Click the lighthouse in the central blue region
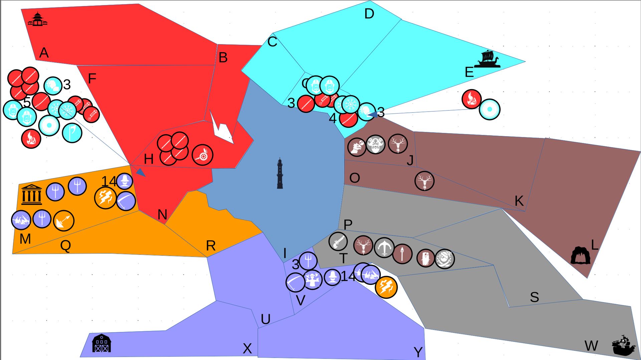[x=280, y=174]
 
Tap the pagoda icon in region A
[x=37, y=19]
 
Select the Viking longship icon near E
[x=488, y=59]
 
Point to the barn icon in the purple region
[x=101, y=343]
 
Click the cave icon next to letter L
[x=580, y=255]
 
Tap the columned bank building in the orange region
[x=32, y=194]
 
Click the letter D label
[x=369, y=14]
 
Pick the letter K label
[x=519, y=201]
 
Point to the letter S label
[x=534, y=297]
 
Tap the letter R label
[x=211, y=246]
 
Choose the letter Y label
[x=418, y=352]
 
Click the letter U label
[x=265, y=320]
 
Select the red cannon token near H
[x=202, y=155]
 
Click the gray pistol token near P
[x=338, y=241]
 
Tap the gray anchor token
[x=384, y=247]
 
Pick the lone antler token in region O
[x=424, y=181]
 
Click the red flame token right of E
[x=471, y=99]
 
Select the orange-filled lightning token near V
[x=386, y=287]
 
